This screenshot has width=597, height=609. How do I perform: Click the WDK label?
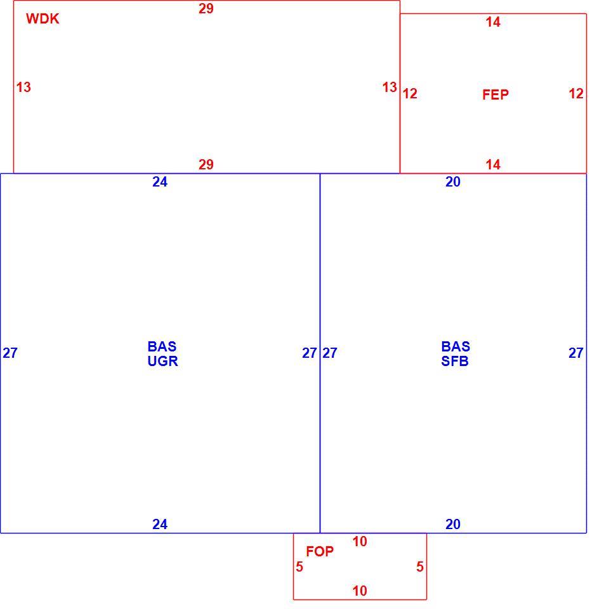point(43,18)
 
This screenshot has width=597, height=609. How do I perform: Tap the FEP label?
point(495,95)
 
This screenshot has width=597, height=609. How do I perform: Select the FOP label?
point(320,551)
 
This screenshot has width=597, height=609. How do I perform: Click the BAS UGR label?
point(162,353)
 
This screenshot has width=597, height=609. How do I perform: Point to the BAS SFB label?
point(456,353)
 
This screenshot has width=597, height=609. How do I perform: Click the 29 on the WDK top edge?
point(206,8)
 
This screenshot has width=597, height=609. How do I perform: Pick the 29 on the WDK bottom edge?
point(206,164)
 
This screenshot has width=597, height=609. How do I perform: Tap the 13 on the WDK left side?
point(23,87)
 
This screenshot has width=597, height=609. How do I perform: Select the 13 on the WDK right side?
point(390,87)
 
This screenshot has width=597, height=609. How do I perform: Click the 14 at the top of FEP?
point(493,22)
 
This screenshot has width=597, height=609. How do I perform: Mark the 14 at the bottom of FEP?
point(493,164)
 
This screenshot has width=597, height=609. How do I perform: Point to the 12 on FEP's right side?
point(576,93)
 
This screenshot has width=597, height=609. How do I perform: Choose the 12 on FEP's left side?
point(410,93)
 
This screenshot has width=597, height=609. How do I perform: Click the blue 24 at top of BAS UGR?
point(160,182)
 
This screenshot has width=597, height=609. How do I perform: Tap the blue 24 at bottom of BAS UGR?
point(160,525)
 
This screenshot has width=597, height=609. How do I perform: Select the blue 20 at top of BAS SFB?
point(453,182)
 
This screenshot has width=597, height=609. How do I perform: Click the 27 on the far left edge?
point(10,353)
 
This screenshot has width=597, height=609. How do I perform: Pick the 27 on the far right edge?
point(576,353)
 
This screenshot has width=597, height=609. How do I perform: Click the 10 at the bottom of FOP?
point(360,591)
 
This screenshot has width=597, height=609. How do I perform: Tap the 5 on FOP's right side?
point(420,566)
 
